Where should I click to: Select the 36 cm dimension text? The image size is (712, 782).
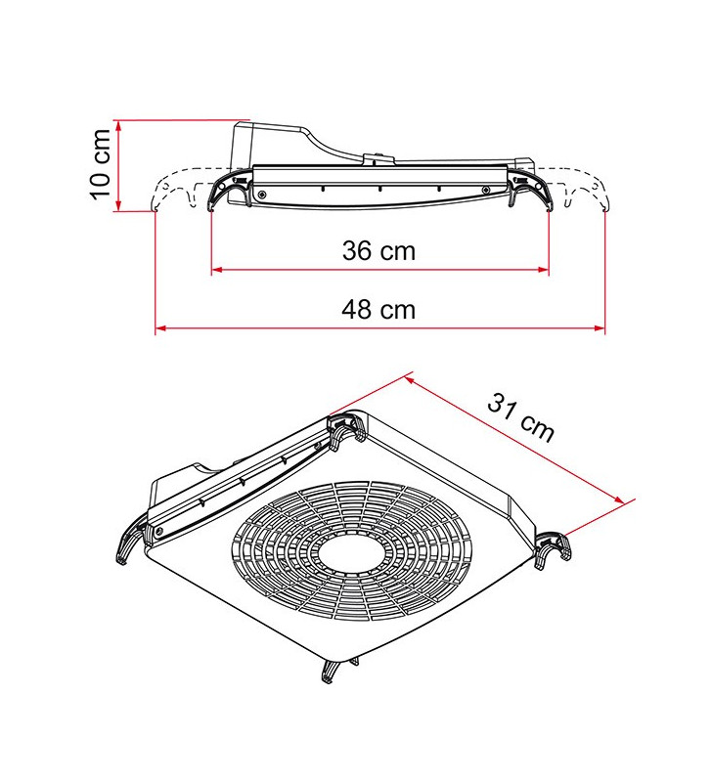click(x=378, y=251)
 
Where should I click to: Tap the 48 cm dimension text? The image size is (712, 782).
click(x=378, y=310)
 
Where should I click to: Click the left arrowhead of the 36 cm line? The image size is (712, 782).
click(x=217, y=270)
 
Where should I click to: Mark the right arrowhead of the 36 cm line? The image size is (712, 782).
click(x=543, y=270)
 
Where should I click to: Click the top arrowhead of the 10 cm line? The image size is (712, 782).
click(x=117, y=125)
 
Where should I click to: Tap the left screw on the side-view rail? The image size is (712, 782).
click(x=262, y=195)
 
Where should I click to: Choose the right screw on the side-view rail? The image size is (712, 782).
click(x=484, y=190)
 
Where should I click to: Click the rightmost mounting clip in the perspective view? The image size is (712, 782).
click(x=552, y=547)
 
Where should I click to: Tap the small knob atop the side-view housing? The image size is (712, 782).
click(x=375, y=156)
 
